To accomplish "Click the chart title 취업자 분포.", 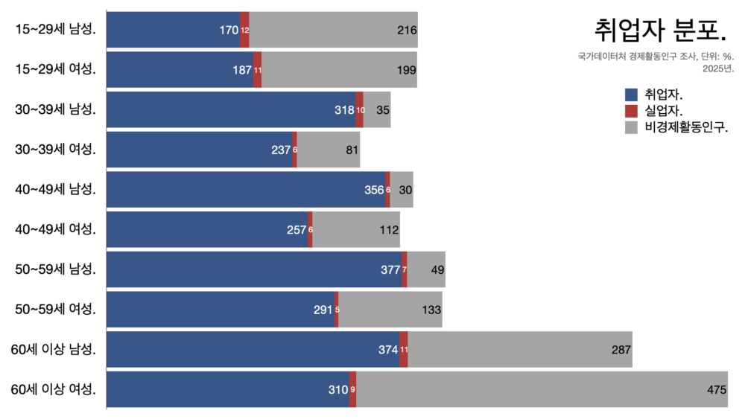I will [x=659, y=31].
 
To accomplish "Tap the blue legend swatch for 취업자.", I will [x=632, y=95].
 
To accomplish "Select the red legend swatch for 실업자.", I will [x=632, y=111].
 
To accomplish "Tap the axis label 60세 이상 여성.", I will [x=54, y=389].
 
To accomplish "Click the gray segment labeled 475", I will [x=542, y=389].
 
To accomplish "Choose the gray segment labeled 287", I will [x=519, y=349].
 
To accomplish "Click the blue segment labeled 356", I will [x=246, y=189].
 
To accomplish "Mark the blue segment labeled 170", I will [x=173, y=30].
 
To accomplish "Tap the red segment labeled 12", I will [x=244, y=30].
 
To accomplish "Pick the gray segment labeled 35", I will [x=377, y=109].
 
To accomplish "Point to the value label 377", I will [x=391, y=269].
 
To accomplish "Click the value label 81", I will [x=352, y=150].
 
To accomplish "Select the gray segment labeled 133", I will [x=390, y=310].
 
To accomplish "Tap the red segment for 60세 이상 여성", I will [x=352, y=389].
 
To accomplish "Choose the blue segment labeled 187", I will [x=180, y=69].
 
